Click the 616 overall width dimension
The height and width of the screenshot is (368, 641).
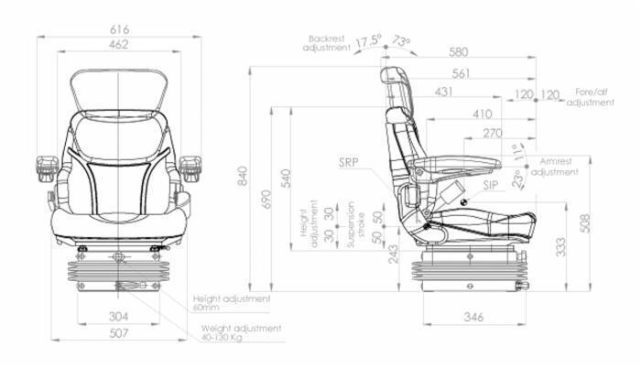tap(119, 30)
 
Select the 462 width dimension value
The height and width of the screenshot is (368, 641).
tap(118, 44)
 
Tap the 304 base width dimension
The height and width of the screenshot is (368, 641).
tap(118, 316)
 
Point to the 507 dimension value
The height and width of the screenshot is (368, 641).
tap(119, 333)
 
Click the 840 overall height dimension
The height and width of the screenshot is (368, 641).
tap(244, 177)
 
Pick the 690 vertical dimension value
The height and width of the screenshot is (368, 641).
tap(266, 200)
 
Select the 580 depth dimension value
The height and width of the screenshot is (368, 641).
tap(459, 52)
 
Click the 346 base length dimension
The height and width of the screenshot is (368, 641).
tap(473, 317)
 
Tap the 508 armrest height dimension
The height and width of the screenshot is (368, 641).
tap(585, 223)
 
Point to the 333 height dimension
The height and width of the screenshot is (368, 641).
tap(560, 247)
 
